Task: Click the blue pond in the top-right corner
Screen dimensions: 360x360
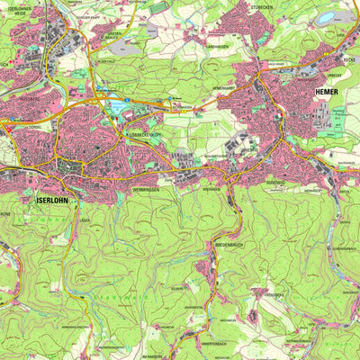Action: tap(324, 18)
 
